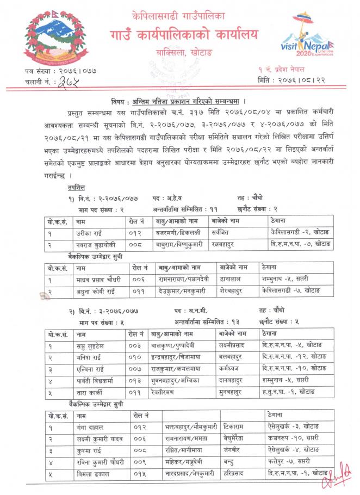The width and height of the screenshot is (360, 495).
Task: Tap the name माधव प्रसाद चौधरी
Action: [99, 279]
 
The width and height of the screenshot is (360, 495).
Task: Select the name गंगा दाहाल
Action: [90, 428]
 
